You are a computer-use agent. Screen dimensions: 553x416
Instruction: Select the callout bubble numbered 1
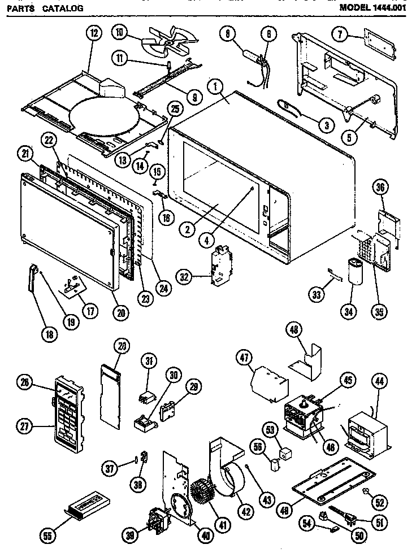216,87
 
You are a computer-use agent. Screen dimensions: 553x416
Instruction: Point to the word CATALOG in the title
62,8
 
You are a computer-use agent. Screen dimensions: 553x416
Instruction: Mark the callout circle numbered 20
120,311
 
